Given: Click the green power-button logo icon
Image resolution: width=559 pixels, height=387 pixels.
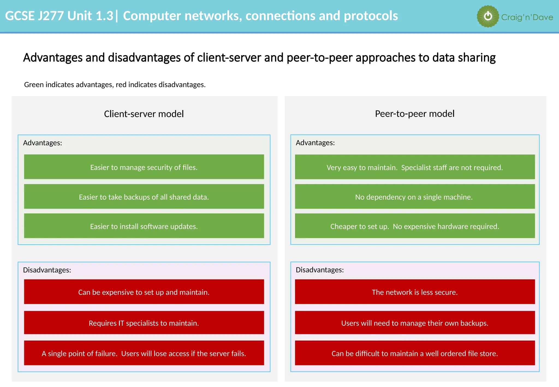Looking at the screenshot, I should pos(488,16).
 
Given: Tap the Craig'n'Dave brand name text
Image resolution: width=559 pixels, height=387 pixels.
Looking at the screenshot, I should pos(527,17).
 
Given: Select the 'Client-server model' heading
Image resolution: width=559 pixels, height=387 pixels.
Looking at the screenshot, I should pos(144,114).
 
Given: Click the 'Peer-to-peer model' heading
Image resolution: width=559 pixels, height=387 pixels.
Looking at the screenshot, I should pos(415,114).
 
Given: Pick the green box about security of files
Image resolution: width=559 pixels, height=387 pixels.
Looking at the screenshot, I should pos(144,167).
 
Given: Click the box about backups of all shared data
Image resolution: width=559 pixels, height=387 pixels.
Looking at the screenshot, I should pos(144,197).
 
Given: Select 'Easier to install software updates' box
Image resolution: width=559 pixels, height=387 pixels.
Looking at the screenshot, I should pos(144,226).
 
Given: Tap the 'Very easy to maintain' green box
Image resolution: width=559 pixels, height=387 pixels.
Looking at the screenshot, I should pos(415,167).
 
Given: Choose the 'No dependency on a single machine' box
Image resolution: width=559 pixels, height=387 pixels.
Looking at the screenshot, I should pos(415,197).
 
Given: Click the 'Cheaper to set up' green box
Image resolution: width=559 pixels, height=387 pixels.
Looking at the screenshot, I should pos(415,226).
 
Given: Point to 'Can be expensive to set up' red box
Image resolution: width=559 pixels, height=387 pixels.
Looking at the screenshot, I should pos(144,292).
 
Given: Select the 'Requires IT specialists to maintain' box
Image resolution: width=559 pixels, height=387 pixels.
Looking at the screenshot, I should pos(144,323).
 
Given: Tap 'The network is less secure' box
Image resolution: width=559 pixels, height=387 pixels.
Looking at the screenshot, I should pos(415,292).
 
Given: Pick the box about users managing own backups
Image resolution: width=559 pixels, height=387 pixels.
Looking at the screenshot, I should pos(415,323).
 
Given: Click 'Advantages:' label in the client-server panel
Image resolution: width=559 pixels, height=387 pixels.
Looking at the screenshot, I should pos(43,143).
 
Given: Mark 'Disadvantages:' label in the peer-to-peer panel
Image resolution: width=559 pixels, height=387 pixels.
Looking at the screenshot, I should pos(320,270).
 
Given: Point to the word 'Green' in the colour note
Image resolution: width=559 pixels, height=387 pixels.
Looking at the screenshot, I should pos(34,85).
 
